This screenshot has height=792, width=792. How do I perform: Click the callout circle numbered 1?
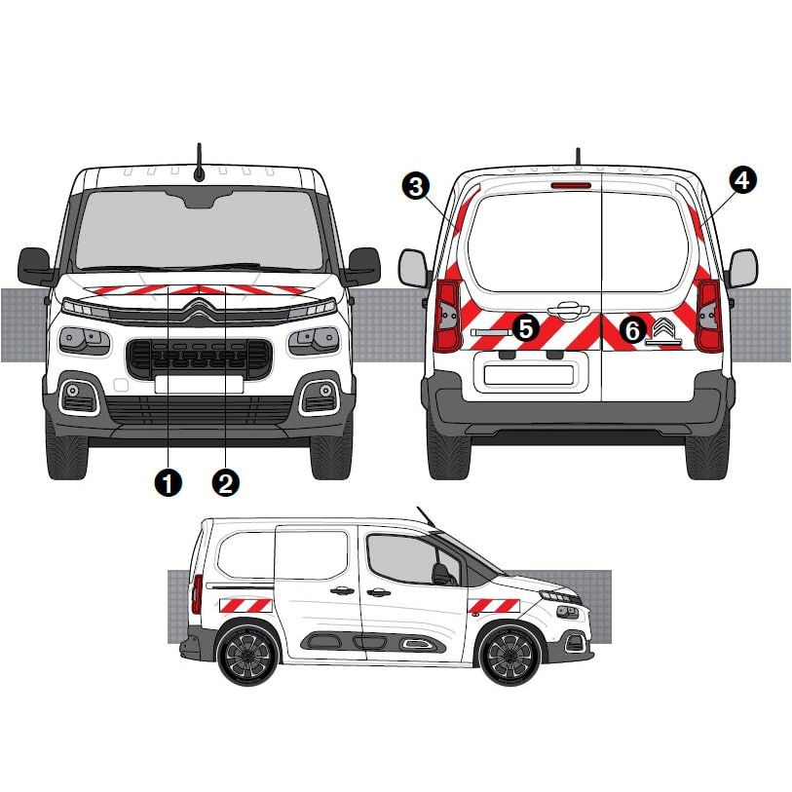point(169,482)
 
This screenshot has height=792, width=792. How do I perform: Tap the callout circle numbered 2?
point(226,482)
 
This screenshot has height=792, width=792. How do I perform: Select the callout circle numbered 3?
point(416,186)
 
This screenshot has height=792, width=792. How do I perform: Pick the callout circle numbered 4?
point(743,180)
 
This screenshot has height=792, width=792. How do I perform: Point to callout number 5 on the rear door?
point(526,328)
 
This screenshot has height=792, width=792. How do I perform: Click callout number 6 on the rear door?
point(632,331)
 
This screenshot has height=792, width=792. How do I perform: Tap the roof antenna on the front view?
point(200,163)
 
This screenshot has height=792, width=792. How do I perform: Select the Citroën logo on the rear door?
point(663,328)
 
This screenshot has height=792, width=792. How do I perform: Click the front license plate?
point(199,384)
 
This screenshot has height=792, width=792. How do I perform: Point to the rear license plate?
point(528,374)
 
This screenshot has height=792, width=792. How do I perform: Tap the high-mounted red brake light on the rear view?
point(571,185)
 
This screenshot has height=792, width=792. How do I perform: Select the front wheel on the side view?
point(511,655)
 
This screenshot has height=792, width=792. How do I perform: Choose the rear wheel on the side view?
point(247,655)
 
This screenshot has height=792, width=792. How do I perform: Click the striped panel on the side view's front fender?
point(494,605)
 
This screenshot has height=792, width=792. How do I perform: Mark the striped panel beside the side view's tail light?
point(245,605)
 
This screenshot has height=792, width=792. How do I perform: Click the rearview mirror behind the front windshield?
point(199,199)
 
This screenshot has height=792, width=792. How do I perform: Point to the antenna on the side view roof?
point(426,516)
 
